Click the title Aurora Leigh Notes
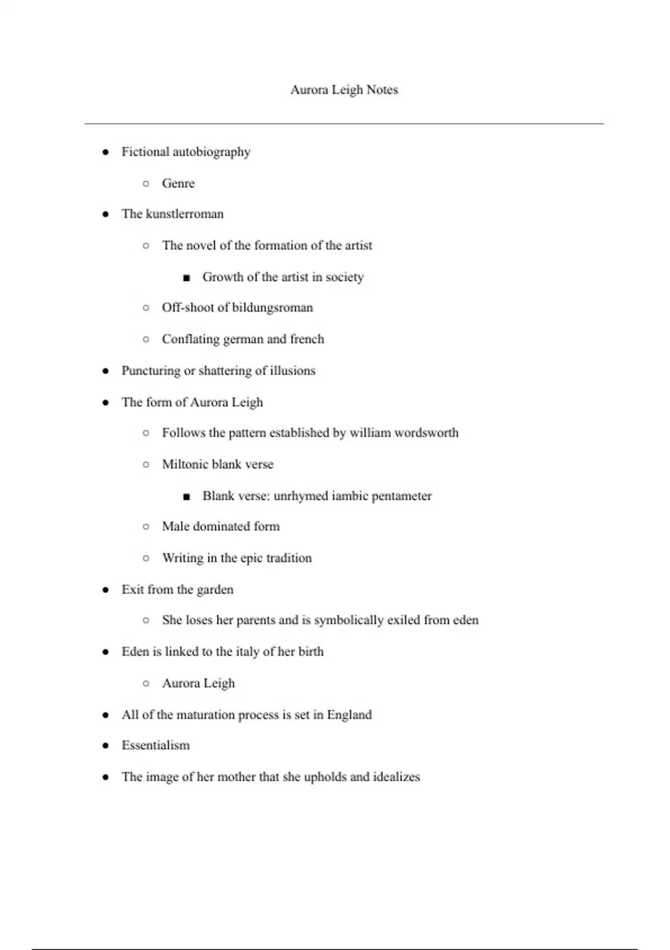coord(344,90)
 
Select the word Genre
coord(178,183)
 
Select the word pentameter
coord(401,496)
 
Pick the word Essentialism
coord(156,745)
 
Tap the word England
coord(349,715)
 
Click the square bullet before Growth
coord(186,278)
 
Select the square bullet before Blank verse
coord(186,496)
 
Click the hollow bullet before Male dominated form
coord(146,526)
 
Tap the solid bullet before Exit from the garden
coord(106,590)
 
